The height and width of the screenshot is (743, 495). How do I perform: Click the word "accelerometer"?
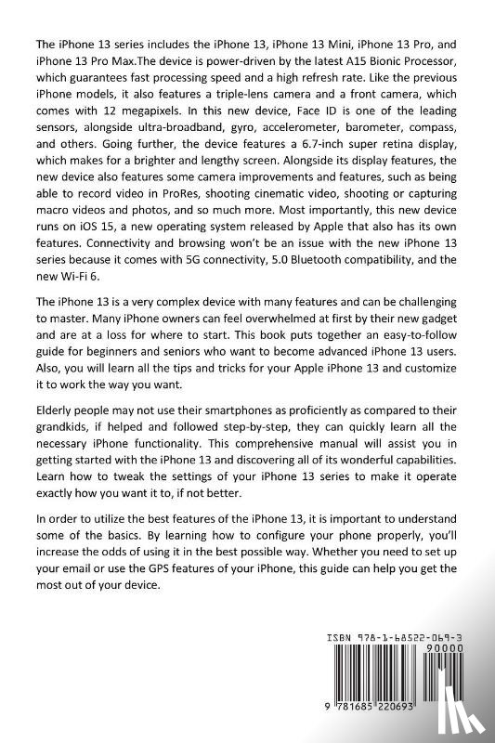298,127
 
